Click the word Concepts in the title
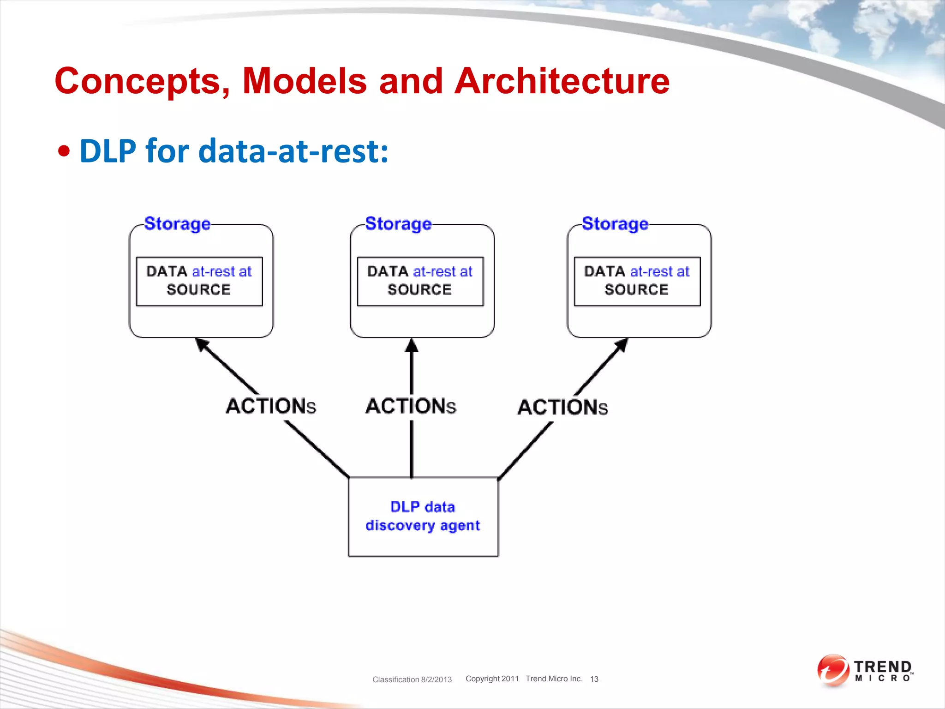click(142, 81)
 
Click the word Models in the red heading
click(305, 81)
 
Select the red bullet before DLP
click(65, 151)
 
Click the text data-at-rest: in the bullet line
click(293, 151)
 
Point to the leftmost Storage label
click(177, 224)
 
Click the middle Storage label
click(398, 224)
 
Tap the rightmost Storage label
click(615, 224)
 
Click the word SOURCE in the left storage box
click(198, 290)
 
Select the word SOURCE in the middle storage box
click(419, 290)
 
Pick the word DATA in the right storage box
click(604, 271)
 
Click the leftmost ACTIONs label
click(271, 406)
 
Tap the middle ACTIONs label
click(411, 406)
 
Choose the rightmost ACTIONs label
click(562, 408)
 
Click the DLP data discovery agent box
click(423, 517)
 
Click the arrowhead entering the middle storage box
click(412, 345)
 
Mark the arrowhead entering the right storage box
click(622, 344)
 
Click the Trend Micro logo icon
click(833, 670)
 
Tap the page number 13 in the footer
click(594, 679)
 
